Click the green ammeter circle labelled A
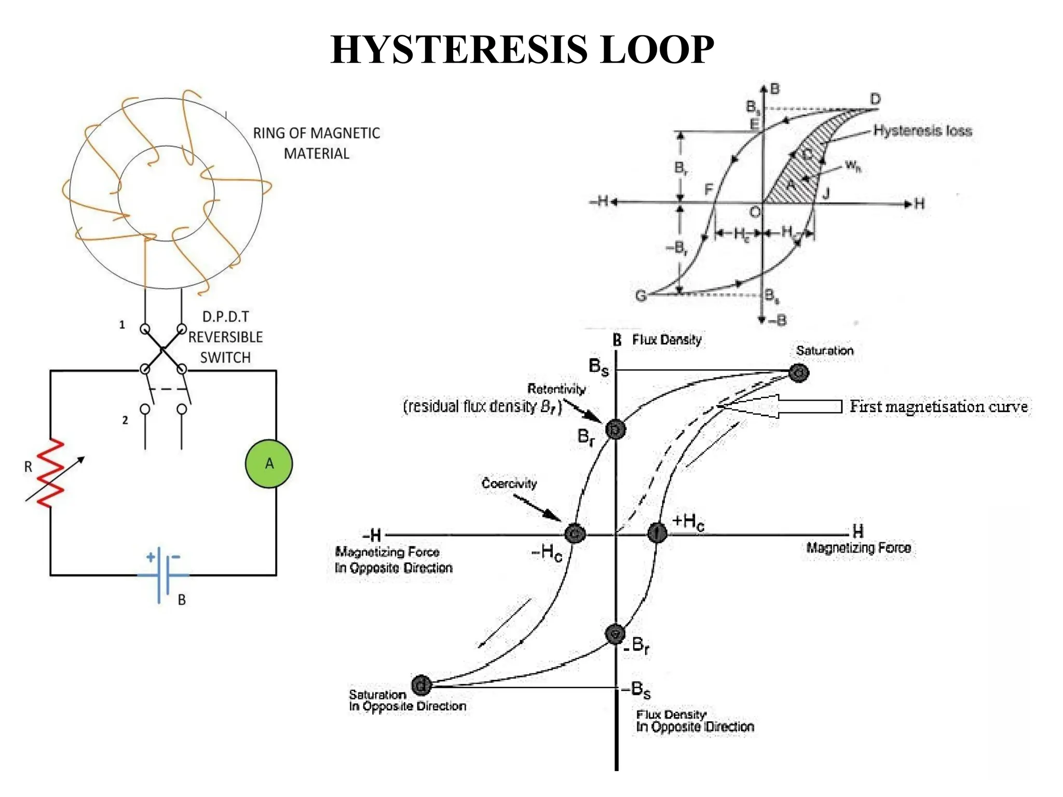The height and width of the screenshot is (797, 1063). coord(268,463)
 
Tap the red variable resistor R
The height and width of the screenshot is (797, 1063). coord(51,473)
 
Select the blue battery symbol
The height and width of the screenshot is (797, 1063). coord(163,575)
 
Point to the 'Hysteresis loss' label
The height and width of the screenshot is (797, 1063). coord(922,130)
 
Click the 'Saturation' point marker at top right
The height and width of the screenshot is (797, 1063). coord(798,373)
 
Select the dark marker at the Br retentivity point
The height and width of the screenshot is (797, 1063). coord(616,430)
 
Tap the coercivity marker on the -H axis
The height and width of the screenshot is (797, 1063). coord(575,533)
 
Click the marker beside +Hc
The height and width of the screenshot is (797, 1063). coord(657,533)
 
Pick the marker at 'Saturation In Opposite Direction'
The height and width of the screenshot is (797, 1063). coord(421,685)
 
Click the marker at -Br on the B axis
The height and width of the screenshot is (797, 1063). coord(615,634)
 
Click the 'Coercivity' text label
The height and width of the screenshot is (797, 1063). coord(509,483)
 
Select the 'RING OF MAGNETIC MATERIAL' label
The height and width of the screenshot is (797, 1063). coord(316,143)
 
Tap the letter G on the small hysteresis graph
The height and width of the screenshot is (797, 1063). coord(641,296)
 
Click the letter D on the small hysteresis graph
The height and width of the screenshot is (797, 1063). coord(875,99)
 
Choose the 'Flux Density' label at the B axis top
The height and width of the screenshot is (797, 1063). coord(666,340)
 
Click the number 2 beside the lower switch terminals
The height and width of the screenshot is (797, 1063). coord(125,420)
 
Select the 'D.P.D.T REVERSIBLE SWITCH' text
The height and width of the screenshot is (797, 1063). coord(225,337)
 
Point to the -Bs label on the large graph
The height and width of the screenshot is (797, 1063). coord(637,689)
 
